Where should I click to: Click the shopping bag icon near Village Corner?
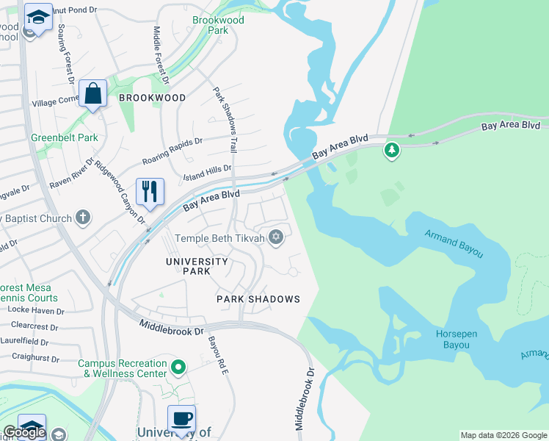(x=92, y=94)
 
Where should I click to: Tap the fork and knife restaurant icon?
(x=150, y=192)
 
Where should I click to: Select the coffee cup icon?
(x=181, y=419)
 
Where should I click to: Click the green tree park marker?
(x=392, y=151)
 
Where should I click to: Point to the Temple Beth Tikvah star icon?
(x=276, y=236)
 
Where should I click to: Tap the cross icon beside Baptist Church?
(x=84, y=218)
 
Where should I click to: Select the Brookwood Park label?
(x=217, y=26)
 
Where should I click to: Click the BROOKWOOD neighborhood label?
(x=152, y=97)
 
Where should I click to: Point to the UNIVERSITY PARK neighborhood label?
(x=197, y=266)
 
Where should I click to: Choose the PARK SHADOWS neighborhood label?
(x=258, y=299)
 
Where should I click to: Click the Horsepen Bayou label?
(x=457, y=339)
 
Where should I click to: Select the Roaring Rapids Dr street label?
(x=172, y=146)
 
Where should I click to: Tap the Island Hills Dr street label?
(x=206, y=172)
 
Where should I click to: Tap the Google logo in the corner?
(x=24, y=433)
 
